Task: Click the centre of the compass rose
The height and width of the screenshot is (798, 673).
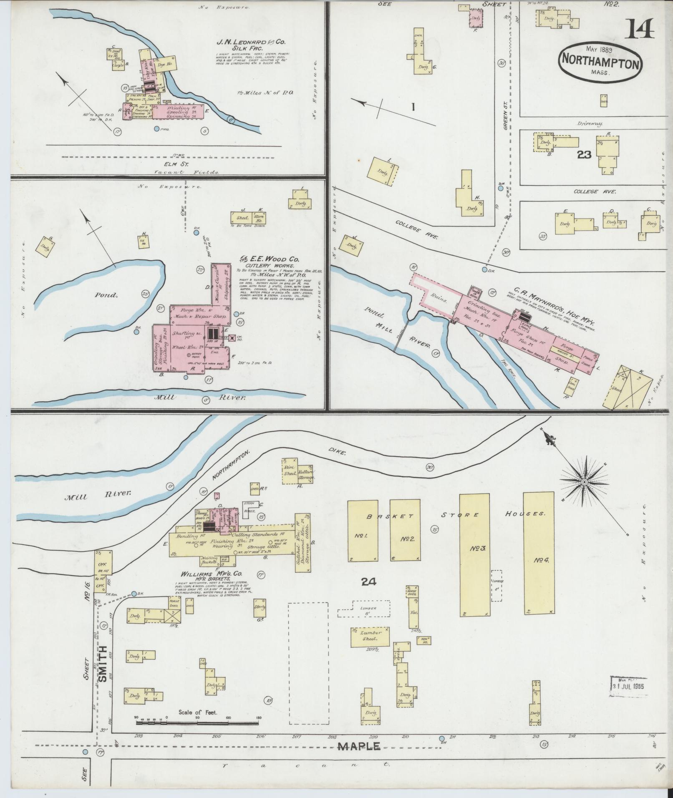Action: [585, 482]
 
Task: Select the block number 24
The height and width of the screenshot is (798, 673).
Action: [369, 581]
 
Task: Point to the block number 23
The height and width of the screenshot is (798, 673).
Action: [584, 155]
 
